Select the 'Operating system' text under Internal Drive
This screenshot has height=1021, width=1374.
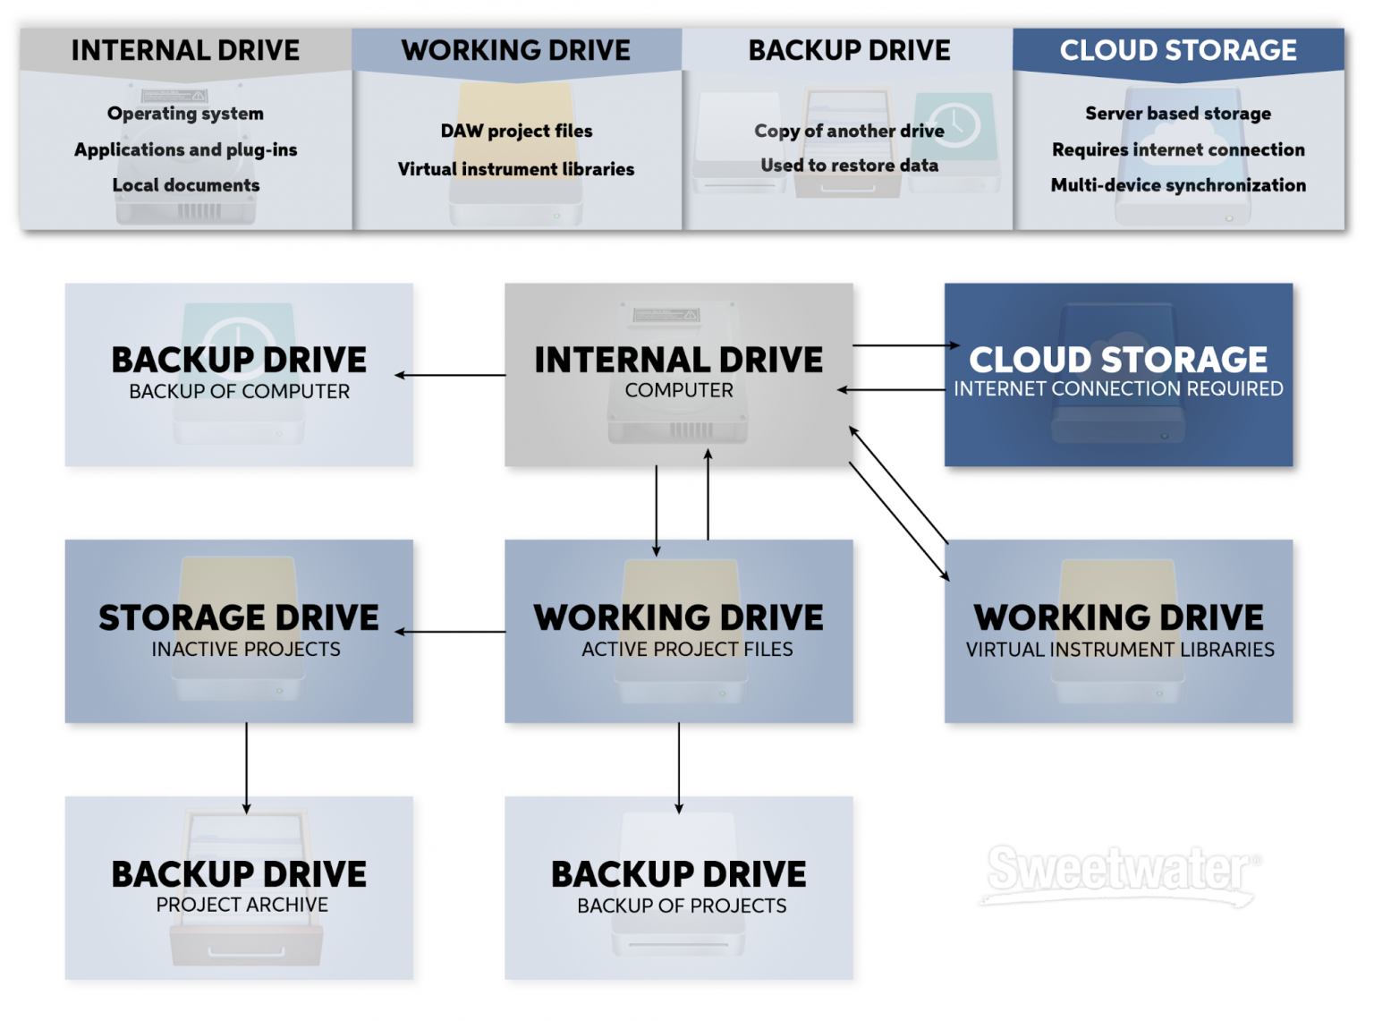[185, 114]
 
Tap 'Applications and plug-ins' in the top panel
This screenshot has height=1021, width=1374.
[185, 149]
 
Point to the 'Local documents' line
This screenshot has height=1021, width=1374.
[185, 185]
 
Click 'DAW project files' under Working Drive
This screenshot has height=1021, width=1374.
[516, 131]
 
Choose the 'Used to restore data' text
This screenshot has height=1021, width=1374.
[849, 166]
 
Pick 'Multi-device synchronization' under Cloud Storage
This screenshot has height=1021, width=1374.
[1177, 185]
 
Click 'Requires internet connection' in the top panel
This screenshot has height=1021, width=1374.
[1177, 149]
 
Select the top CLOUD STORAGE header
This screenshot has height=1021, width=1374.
[1177, 50]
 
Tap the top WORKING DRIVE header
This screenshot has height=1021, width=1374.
[515, 50]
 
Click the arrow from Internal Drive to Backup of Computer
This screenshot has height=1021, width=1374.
[451, 375]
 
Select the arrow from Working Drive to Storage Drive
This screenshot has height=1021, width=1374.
[451, 632]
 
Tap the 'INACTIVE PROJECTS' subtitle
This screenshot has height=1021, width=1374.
[246, 649]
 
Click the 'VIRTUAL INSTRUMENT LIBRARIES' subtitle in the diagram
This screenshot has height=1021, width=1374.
[1119, 650]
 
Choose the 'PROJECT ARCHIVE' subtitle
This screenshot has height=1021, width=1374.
[242, 905]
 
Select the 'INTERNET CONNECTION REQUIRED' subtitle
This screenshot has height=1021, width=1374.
[1118, 389]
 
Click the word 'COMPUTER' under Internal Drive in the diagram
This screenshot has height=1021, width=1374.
[679, 390]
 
